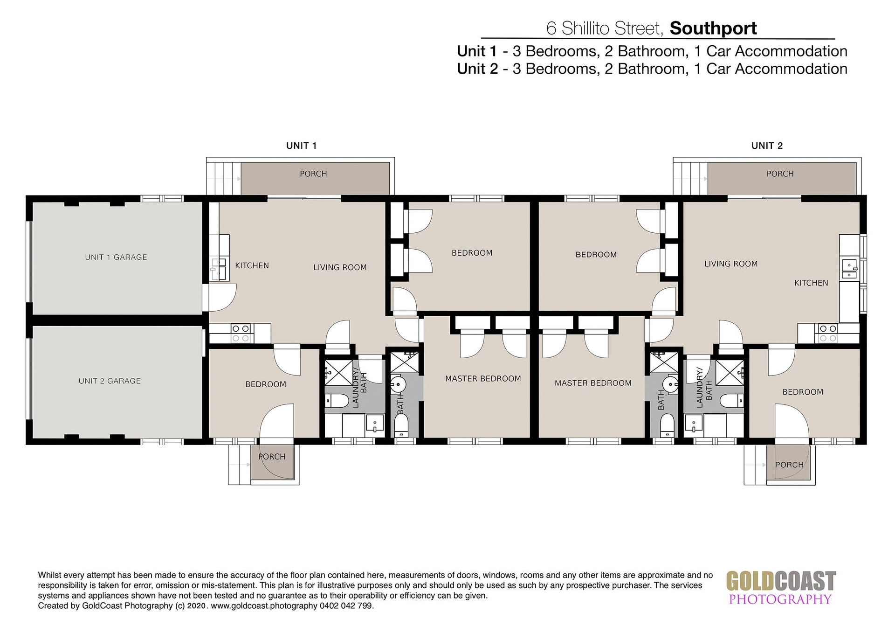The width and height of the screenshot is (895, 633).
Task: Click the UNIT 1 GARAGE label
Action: (116, 257)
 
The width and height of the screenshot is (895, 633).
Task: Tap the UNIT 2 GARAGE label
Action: (110, 381)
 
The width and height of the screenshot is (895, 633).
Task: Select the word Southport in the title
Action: (713, 28)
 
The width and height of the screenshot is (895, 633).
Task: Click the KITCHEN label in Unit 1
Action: (252, 265)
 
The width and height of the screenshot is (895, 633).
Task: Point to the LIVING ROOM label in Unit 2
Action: (730, 264)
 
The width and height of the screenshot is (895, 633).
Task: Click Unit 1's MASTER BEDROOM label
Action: (482, 379)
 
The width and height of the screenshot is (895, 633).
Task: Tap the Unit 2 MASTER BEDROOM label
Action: (592, 383)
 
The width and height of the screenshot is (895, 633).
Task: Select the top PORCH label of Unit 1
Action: (313, 174)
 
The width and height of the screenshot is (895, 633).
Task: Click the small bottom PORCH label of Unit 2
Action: (789, 465)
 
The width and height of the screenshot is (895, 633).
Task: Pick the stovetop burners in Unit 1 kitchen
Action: (241, 334)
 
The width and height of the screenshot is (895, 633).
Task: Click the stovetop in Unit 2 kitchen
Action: (828, 334)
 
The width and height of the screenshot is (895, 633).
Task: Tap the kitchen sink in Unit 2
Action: (849, 270)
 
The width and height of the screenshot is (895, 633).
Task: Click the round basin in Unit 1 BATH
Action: (398, 385)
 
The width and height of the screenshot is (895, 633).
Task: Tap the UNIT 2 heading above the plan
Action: (767, 146)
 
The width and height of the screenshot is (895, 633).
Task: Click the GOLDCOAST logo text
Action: (781, 582)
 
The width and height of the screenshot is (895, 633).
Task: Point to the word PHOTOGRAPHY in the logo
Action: (780, 599)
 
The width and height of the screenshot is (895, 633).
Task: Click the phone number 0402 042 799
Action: (346, 606)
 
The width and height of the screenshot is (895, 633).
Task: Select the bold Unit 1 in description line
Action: (476, 51)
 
